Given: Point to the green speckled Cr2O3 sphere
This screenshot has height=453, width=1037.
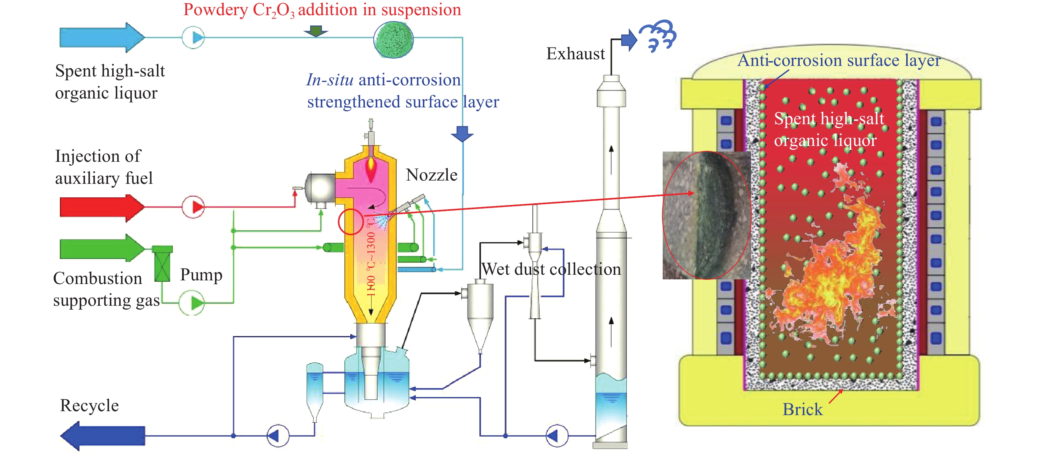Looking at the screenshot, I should click(x=393, y=39).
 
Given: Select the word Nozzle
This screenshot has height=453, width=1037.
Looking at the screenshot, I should click(x=432, y=175).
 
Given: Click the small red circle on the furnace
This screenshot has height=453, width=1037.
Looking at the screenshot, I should click(x=351, y=222).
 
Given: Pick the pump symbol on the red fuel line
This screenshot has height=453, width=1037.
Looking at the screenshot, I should click(x=193, y=207).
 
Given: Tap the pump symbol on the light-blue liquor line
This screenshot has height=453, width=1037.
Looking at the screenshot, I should click(x=193, y=38).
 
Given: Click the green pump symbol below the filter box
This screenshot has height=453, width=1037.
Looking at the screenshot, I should click(x=192, y=303).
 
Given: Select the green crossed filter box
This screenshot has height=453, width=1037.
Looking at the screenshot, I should click(x=162, y=264).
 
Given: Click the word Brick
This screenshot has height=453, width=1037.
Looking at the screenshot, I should click(x=802, y=410).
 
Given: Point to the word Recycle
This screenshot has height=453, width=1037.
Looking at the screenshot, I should click(x=89, y=406).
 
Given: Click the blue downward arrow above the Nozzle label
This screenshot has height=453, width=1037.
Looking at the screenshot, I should click(x=462, y=133).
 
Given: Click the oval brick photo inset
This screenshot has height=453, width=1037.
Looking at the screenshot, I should click(x=706, y=215).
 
